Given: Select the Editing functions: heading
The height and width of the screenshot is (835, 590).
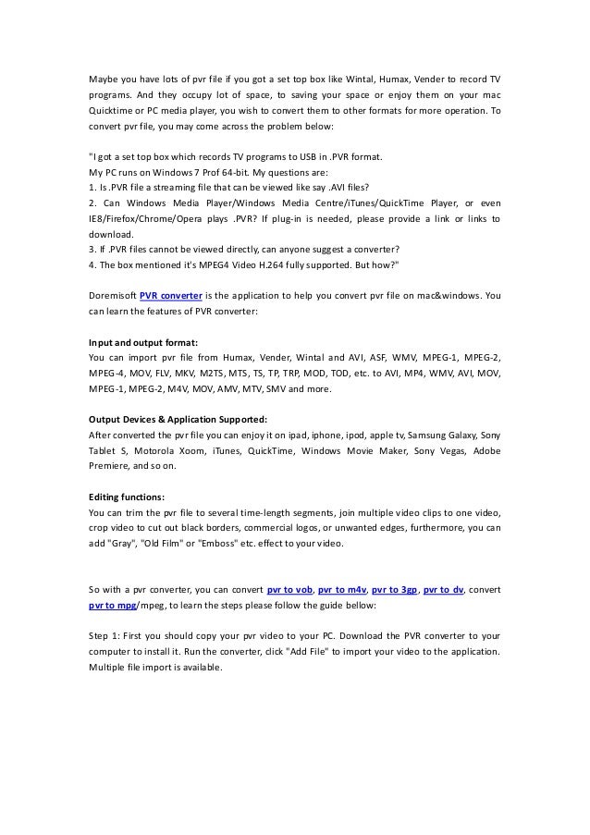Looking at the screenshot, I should [x=126, y=495].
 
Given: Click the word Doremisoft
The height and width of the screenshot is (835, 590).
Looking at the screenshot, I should [x=111, y=296].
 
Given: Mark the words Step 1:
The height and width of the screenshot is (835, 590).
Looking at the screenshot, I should [x=104, y=634].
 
